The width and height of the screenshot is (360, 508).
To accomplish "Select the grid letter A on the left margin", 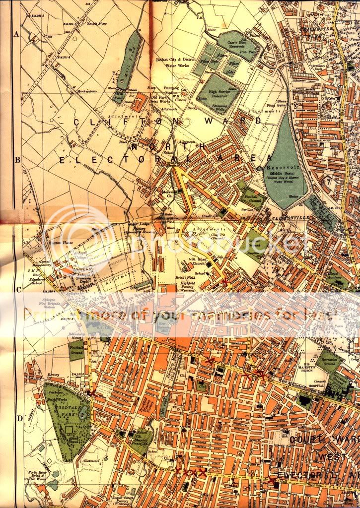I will click(x=16, y=35).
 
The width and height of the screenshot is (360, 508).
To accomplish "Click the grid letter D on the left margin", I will click(x=19, y=418).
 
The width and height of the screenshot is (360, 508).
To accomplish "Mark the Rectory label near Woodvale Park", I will click(x=53, y=375).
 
